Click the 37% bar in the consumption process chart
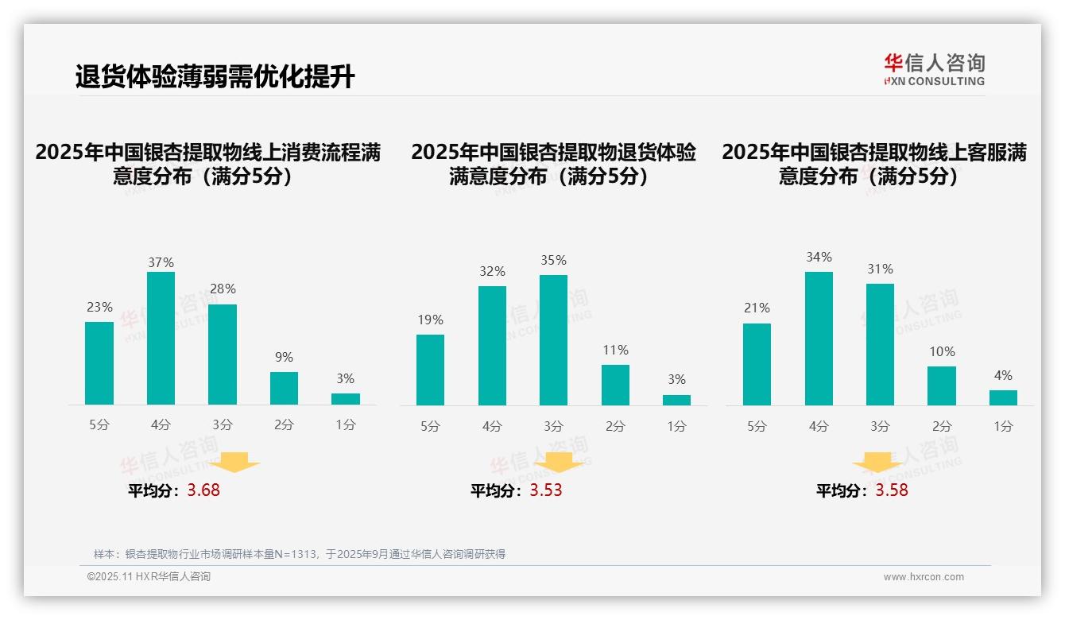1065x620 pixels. (161, 338)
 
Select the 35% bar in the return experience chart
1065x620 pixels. (553, 340)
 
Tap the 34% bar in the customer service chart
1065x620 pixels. (819, 338)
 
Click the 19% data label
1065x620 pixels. (430, 320)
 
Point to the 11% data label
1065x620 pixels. (615, 350)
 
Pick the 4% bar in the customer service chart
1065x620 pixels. (1003, 397)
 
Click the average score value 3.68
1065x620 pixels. (203, 490)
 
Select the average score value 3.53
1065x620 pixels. (546, 490)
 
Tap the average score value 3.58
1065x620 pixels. (892, 490)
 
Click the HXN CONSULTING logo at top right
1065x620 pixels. (935, 70)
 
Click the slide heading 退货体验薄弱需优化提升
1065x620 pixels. (215, 77)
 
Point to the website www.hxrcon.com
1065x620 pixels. (924, 577)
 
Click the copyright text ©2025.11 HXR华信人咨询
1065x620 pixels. (149, 577)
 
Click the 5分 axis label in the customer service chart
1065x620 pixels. (757, 426)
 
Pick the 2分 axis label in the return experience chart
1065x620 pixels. (615, 426)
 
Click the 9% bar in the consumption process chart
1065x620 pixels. (284, 388)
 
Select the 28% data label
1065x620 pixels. (223, 289)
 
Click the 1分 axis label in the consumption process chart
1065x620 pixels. (346, 424)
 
